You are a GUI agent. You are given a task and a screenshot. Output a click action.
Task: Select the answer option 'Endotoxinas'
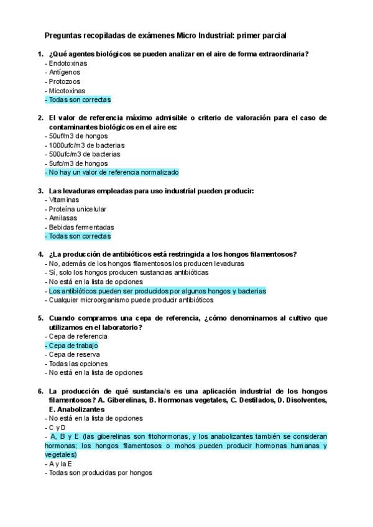click(x=68, y=63)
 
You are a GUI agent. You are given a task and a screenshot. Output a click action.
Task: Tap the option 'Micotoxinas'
click(x=67, y=90)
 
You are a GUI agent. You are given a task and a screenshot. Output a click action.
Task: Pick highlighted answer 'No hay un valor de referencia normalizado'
click(x=112, y=172)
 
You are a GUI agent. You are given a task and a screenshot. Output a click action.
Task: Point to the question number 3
click(x=40, y=191)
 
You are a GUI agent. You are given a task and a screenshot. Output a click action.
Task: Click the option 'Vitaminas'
click(x=64, y=200)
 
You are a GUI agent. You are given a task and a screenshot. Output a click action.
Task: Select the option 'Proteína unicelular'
click(x=78, y=209)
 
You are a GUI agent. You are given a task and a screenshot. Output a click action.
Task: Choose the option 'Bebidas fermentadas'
click(x=81, y=227)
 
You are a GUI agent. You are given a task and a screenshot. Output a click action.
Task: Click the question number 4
click(x=40, y=254)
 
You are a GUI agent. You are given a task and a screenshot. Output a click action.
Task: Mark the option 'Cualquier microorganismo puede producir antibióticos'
click(x=129, y=300)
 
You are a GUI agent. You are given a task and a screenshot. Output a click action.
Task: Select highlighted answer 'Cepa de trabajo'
click(x=71, y=346)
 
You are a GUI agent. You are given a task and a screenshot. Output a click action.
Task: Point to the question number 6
click(x=40, y=391)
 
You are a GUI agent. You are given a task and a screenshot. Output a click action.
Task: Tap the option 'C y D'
click(x=57, y=428)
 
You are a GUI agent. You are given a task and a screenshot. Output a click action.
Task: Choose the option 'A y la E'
click(x=60, y=464)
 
